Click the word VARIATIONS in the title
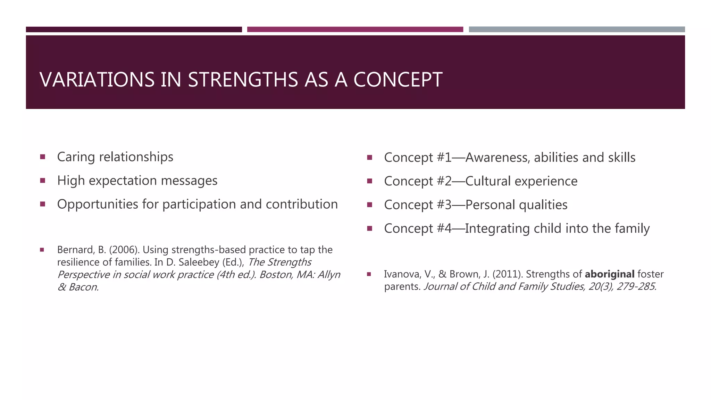click(97, 80)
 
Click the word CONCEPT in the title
click(398, 80)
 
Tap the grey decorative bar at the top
click(577, 30)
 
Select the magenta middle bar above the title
click(355, 30)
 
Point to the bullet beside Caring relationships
click(43, 157)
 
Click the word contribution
click(302, 204)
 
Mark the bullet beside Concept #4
click(369, 228)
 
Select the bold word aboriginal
click(610, 274)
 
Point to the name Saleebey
click(199, 262)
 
